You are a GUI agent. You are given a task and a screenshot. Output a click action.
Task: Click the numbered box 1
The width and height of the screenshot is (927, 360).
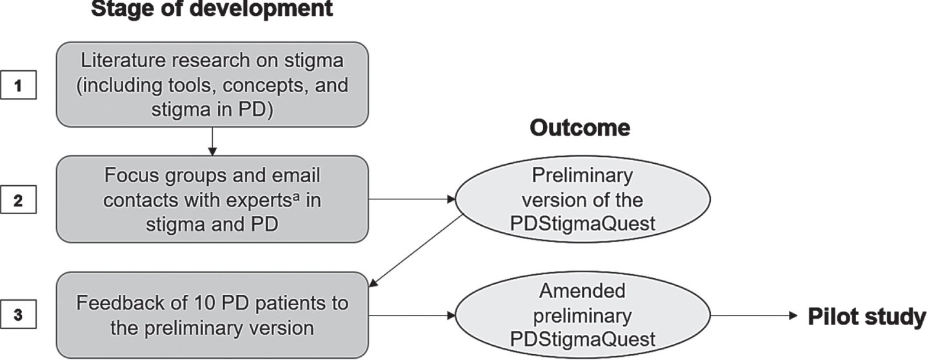(18, 85)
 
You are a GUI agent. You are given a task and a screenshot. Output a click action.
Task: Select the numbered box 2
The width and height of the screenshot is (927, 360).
(18, 199)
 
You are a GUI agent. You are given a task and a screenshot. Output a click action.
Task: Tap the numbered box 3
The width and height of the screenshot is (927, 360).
(18, 314)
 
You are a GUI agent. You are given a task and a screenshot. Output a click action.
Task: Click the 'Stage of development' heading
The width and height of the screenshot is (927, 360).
(212, 9)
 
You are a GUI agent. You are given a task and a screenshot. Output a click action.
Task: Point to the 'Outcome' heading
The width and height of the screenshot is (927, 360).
(580, 128)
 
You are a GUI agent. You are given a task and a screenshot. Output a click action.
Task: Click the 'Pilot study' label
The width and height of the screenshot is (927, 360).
(867, 317)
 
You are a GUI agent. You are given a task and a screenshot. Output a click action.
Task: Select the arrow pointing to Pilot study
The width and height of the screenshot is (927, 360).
(754, 315)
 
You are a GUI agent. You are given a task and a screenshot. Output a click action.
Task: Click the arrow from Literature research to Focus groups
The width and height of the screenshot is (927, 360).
(212, 141)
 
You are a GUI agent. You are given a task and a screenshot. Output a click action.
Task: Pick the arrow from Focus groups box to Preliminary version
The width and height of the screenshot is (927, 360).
(412, 199)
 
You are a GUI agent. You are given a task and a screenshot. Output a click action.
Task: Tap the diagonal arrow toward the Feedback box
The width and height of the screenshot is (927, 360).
(415, 251)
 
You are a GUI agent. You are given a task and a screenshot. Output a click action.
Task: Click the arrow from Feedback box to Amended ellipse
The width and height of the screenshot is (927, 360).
(412, 315)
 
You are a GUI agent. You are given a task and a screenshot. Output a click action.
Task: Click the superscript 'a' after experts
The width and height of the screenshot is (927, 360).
(295, 196)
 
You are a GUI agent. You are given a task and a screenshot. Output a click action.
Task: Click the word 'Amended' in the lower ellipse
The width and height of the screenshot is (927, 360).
(583, 291)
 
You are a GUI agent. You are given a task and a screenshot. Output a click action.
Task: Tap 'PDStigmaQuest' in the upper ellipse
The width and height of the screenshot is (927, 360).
(583, 224)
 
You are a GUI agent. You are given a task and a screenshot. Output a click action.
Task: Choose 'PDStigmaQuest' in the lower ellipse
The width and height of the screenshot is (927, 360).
(583, 340)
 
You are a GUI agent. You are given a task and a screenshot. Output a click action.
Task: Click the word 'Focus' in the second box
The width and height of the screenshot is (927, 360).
(131, 175)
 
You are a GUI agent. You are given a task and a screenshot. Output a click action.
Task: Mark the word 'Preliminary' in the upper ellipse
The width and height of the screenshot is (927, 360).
(583, 176)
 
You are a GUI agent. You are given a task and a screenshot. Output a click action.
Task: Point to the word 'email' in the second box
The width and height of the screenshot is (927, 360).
(295, 175)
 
